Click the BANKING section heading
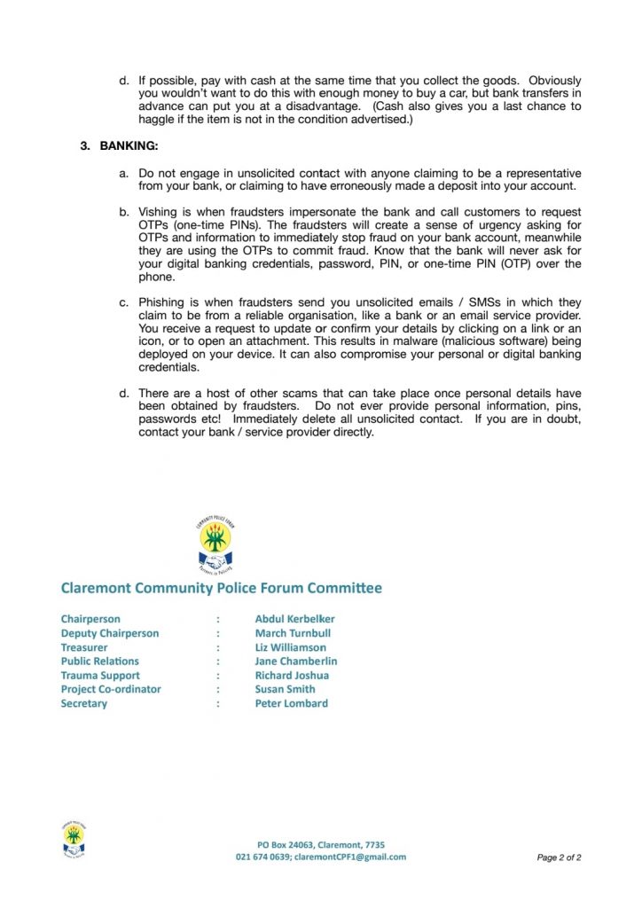click(129, 145)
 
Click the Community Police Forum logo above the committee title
click(215, 544)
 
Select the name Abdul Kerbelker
click(294, 619)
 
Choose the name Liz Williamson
click(290, 647)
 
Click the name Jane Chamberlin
click(295, 661)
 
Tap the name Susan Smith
click(285, 689)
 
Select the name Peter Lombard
click(291, 703)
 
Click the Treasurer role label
click(83, 647)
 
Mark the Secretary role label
click(83, 703)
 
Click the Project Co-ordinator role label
click(111, 689)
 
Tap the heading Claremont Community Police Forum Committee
click(221, 588)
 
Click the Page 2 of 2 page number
click(559, 858)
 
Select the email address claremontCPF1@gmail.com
click(349, 857)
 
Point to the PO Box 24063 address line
click(321, 845)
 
